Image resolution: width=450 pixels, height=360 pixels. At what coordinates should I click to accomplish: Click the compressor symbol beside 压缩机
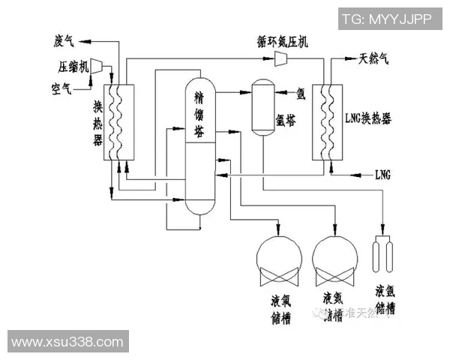[x=97, y=66]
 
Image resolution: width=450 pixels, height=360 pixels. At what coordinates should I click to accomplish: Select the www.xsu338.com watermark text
[x=67, y=341]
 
